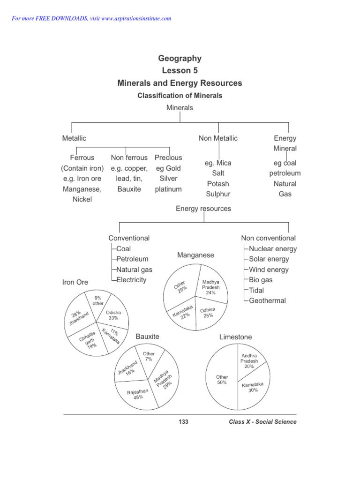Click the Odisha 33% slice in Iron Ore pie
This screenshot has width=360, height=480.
112,315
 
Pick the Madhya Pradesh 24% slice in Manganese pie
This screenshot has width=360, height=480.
210,286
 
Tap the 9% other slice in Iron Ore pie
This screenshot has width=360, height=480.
97,300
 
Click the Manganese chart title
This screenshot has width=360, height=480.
195,255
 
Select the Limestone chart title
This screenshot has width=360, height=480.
235,337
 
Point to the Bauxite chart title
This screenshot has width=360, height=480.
147,337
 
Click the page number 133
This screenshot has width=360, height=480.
183,422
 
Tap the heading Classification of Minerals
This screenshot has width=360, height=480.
180,96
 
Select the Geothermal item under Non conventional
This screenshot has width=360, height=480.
267,300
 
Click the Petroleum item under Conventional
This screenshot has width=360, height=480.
132,259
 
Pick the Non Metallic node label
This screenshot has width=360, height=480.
218,138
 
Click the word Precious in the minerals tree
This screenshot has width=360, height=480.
168,158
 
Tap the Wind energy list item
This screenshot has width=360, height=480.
269,270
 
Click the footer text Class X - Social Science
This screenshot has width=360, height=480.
262,422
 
